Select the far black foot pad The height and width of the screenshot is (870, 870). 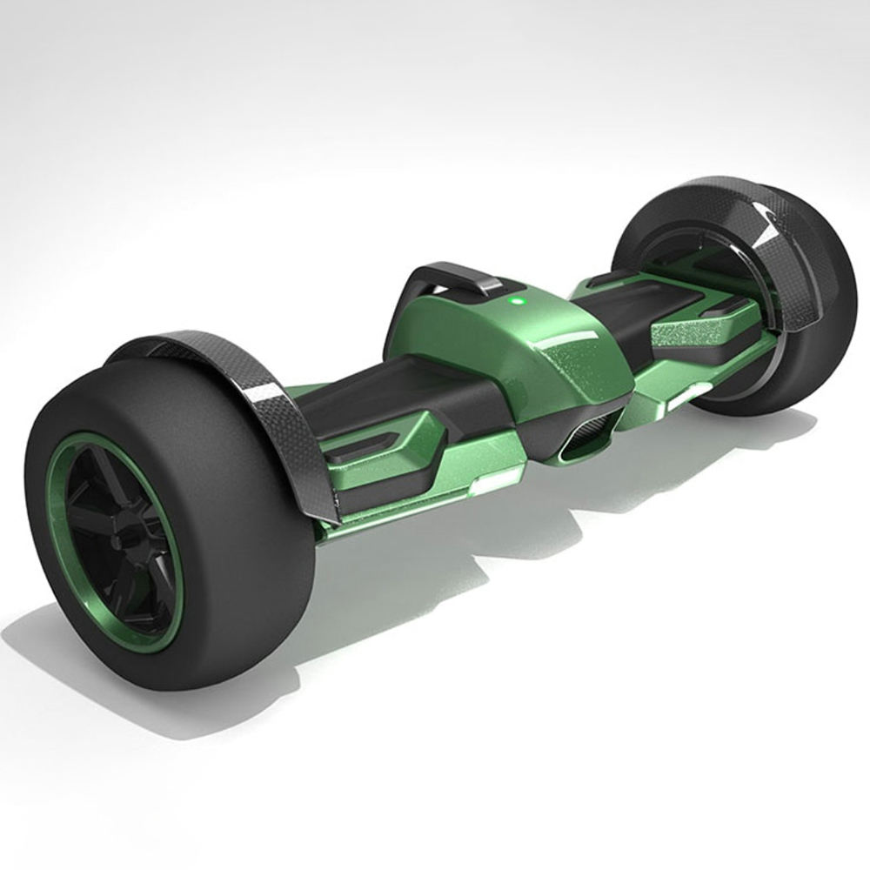click(x=644, y=300)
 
